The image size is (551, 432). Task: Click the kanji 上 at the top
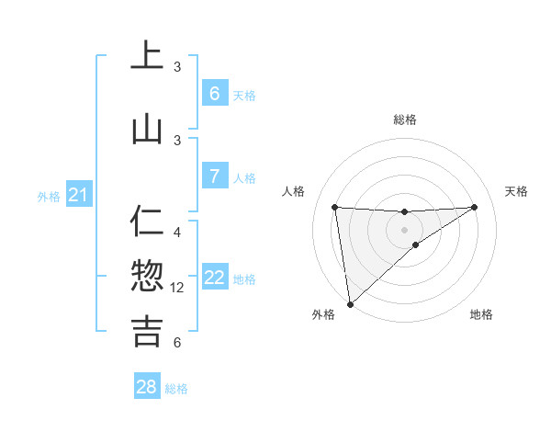point(147,56)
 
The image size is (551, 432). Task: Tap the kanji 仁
point(147,222)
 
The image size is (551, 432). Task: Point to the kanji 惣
point(147,276)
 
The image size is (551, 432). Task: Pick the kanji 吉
point(147,331)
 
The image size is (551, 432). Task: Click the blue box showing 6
point(214,93)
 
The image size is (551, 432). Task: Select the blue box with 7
point(214,176)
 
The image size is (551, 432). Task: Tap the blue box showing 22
point(214,278)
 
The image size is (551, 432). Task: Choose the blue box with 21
point(78,194)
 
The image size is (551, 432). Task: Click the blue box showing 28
point(147,387)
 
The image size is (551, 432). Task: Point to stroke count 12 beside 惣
point(177,288)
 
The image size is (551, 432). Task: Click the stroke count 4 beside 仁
point(177,233)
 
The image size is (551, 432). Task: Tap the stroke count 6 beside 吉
point(177,343)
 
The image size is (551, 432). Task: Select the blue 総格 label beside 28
point(176,389)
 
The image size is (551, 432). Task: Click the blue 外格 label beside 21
point(49,196)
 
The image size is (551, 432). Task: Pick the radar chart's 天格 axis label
point(517,191)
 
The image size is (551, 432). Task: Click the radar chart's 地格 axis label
point(481,315)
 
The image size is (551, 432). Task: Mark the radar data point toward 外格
point(349,304)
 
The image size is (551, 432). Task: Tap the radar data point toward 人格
point(334,207)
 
